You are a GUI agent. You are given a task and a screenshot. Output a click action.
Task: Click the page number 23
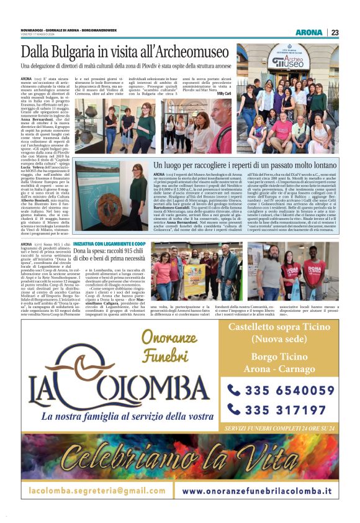[x=335, y=32]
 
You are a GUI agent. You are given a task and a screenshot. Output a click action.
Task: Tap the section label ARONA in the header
[x=308, y=32]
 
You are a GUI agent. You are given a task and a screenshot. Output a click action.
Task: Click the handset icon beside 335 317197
[x=234, y=409]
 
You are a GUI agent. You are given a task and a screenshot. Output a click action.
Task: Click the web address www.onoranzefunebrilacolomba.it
[x=256, y=490]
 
